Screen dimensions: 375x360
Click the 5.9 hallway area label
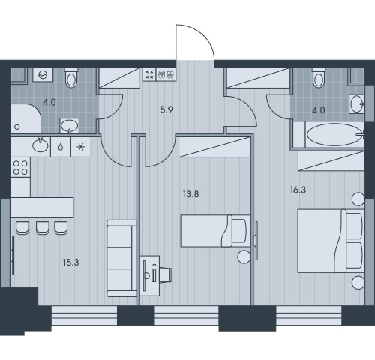(x=166, y=109)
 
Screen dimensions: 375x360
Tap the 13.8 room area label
(x=191, y=194)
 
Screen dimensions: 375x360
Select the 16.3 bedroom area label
(x=298, y=190)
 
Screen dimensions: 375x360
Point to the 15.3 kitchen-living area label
(x=71, y=262)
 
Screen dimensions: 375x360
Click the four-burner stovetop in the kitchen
(x=20, y=167)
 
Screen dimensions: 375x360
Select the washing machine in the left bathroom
(x=43, y=74)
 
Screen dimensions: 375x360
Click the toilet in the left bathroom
(x=71, y=77)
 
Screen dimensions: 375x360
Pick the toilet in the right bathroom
(x=319, y=77)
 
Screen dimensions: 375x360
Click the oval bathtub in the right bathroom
(x=335, y=135)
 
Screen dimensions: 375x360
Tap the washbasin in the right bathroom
(x=357, y=104)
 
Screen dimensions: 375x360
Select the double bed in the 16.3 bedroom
(x=331, y=241)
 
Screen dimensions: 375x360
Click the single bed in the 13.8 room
(x=215, y=231)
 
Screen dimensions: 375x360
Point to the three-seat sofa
(x=121, y=258)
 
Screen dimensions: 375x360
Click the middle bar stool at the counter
(x=43, y=228)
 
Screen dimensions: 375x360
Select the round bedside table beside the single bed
(x=244, y=256)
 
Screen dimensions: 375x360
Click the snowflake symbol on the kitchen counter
(x=81, y=147)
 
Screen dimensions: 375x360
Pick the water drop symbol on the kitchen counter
(x=61, y=147)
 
